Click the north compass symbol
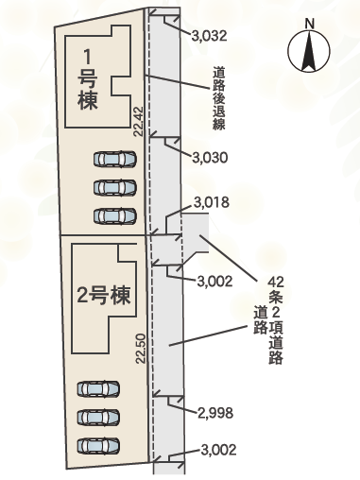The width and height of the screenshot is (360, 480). (x=309, y=53)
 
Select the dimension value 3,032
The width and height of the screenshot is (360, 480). (x=209, y=37)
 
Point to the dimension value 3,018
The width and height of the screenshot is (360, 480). (x=211, y=202)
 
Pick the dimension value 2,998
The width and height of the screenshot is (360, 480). (x=215, y=412)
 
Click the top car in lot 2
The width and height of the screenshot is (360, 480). (x=99, y=388)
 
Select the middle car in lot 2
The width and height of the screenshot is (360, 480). (x=99, y=417)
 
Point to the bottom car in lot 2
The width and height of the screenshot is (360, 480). (x=99, y=445)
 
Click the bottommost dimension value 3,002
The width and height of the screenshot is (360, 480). (x=216, y=451)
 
